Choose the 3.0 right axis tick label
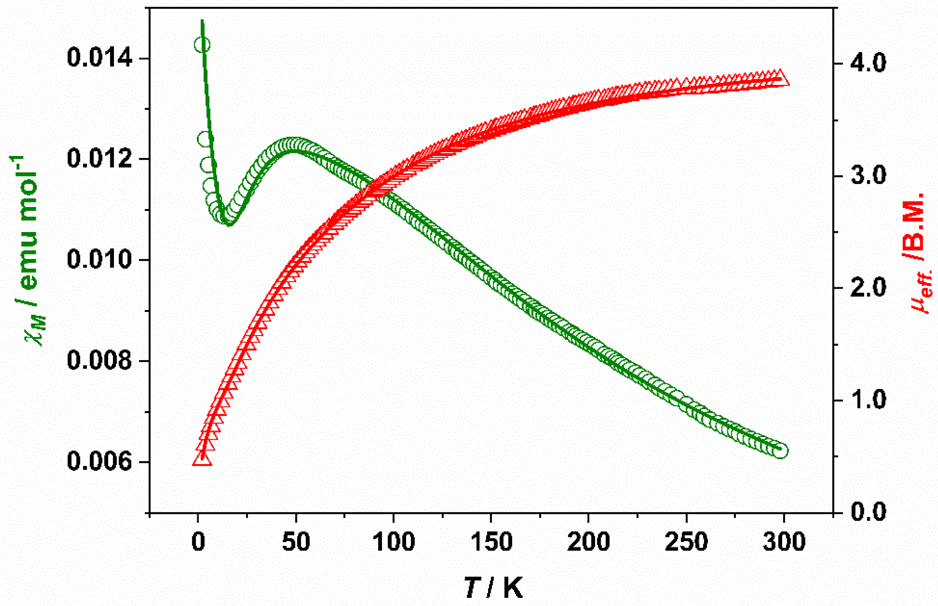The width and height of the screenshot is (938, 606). tap(869, 176)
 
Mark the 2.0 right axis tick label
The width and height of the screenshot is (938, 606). tap(869, 288)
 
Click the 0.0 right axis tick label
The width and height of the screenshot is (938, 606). tap(869, 512)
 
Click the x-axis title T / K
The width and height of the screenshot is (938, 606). tap(493, 588)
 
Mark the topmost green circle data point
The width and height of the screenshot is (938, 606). tap(202, 45)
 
